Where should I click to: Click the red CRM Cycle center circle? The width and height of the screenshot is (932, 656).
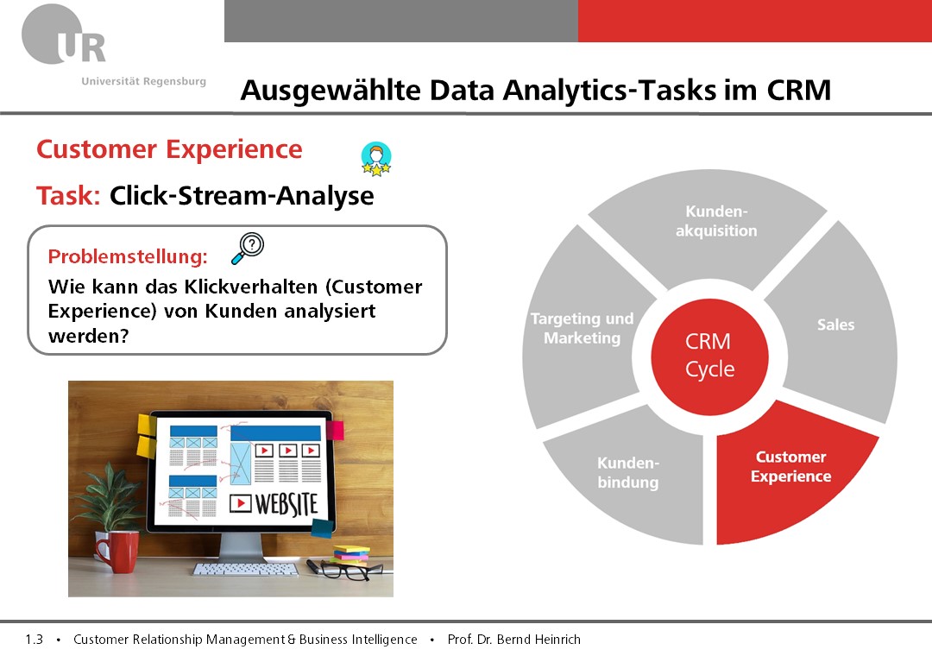point(709,356)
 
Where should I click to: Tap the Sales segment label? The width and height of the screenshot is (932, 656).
point(835,325)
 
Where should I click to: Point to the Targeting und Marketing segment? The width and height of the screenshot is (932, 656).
point(582,327)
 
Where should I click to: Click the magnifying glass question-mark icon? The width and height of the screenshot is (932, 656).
point(248,248)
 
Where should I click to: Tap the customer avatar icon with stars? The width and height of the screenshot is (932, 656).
point(376,159)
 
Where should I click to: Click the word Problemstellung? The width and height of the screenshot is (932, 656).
point(128,256)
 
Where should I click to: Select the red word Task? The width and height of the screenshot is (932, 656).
point(68,196)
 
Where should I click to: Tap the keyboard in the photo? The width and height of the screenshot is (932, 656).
point(245,569)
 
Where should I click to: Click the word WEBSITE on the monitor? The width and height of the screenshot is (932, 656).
point(287,504)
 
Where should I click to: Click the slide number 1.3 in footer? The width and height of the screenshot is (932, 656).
point(35,640)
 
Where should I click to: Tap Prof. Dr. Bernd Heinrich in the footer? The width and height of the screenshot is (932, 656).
point(514,640)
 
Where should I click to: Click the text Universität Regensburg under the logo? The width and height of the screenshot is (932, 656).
point(144,81)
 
